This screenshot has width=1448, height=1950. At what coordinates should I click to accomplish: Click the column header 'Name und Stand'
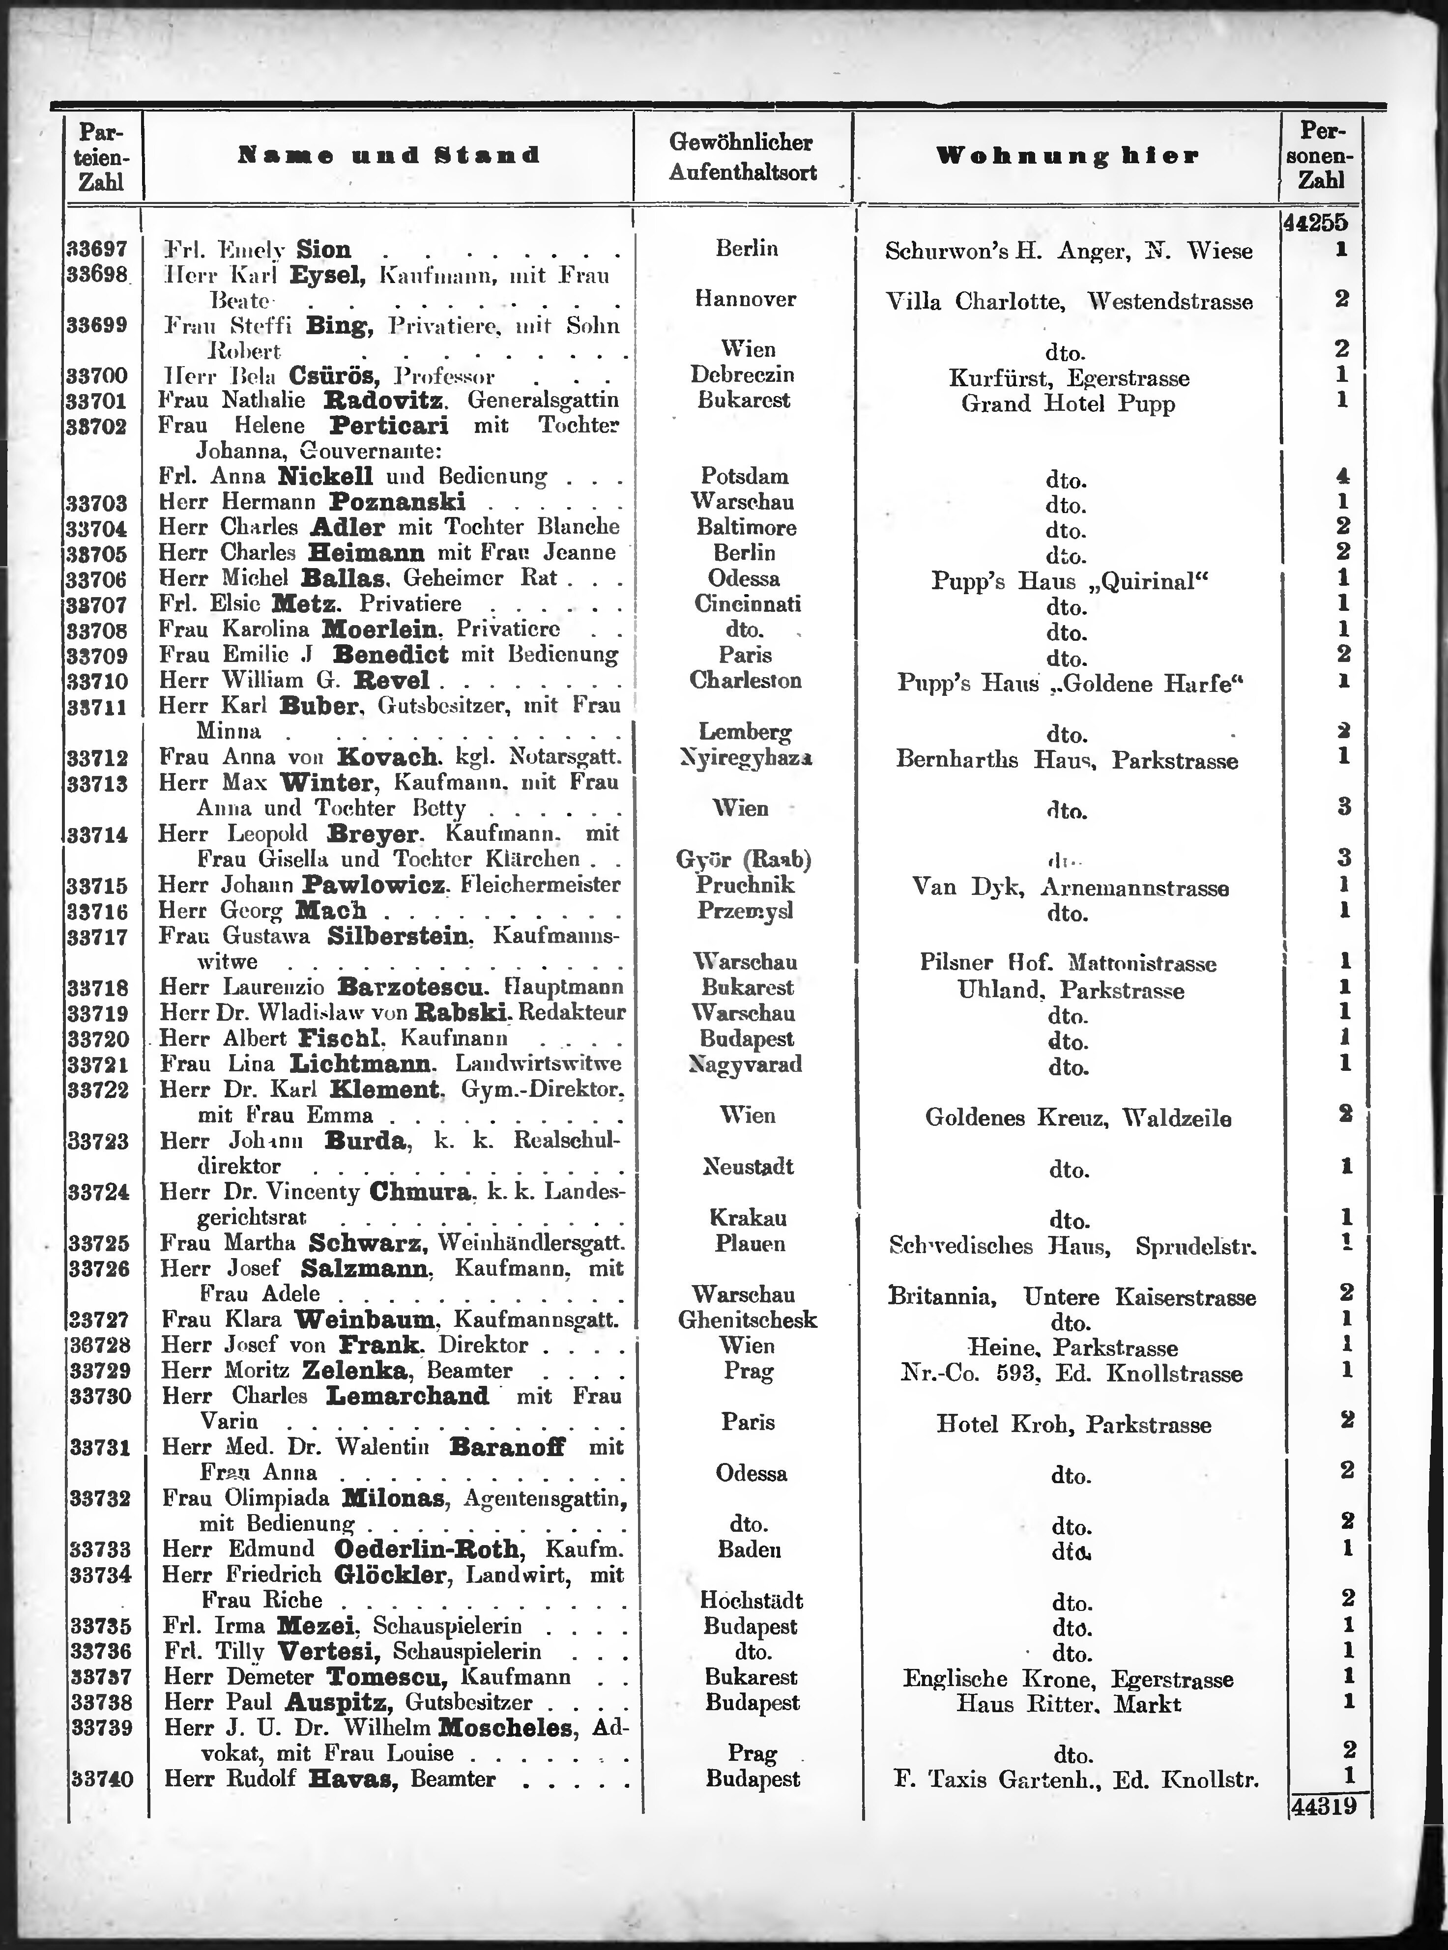point(388,156)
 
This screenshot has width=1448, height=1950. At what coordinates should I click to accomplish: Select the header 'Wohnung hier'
point(1067,157)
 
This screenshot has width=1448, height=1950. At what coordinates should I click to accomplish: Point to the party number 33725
point(99,1244)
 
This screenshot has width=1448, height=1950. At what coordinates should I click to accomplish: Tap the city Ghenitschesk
point(748,1320)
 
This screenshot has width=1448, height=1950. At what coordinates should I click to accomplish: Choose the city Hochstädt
point(751,1600)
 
